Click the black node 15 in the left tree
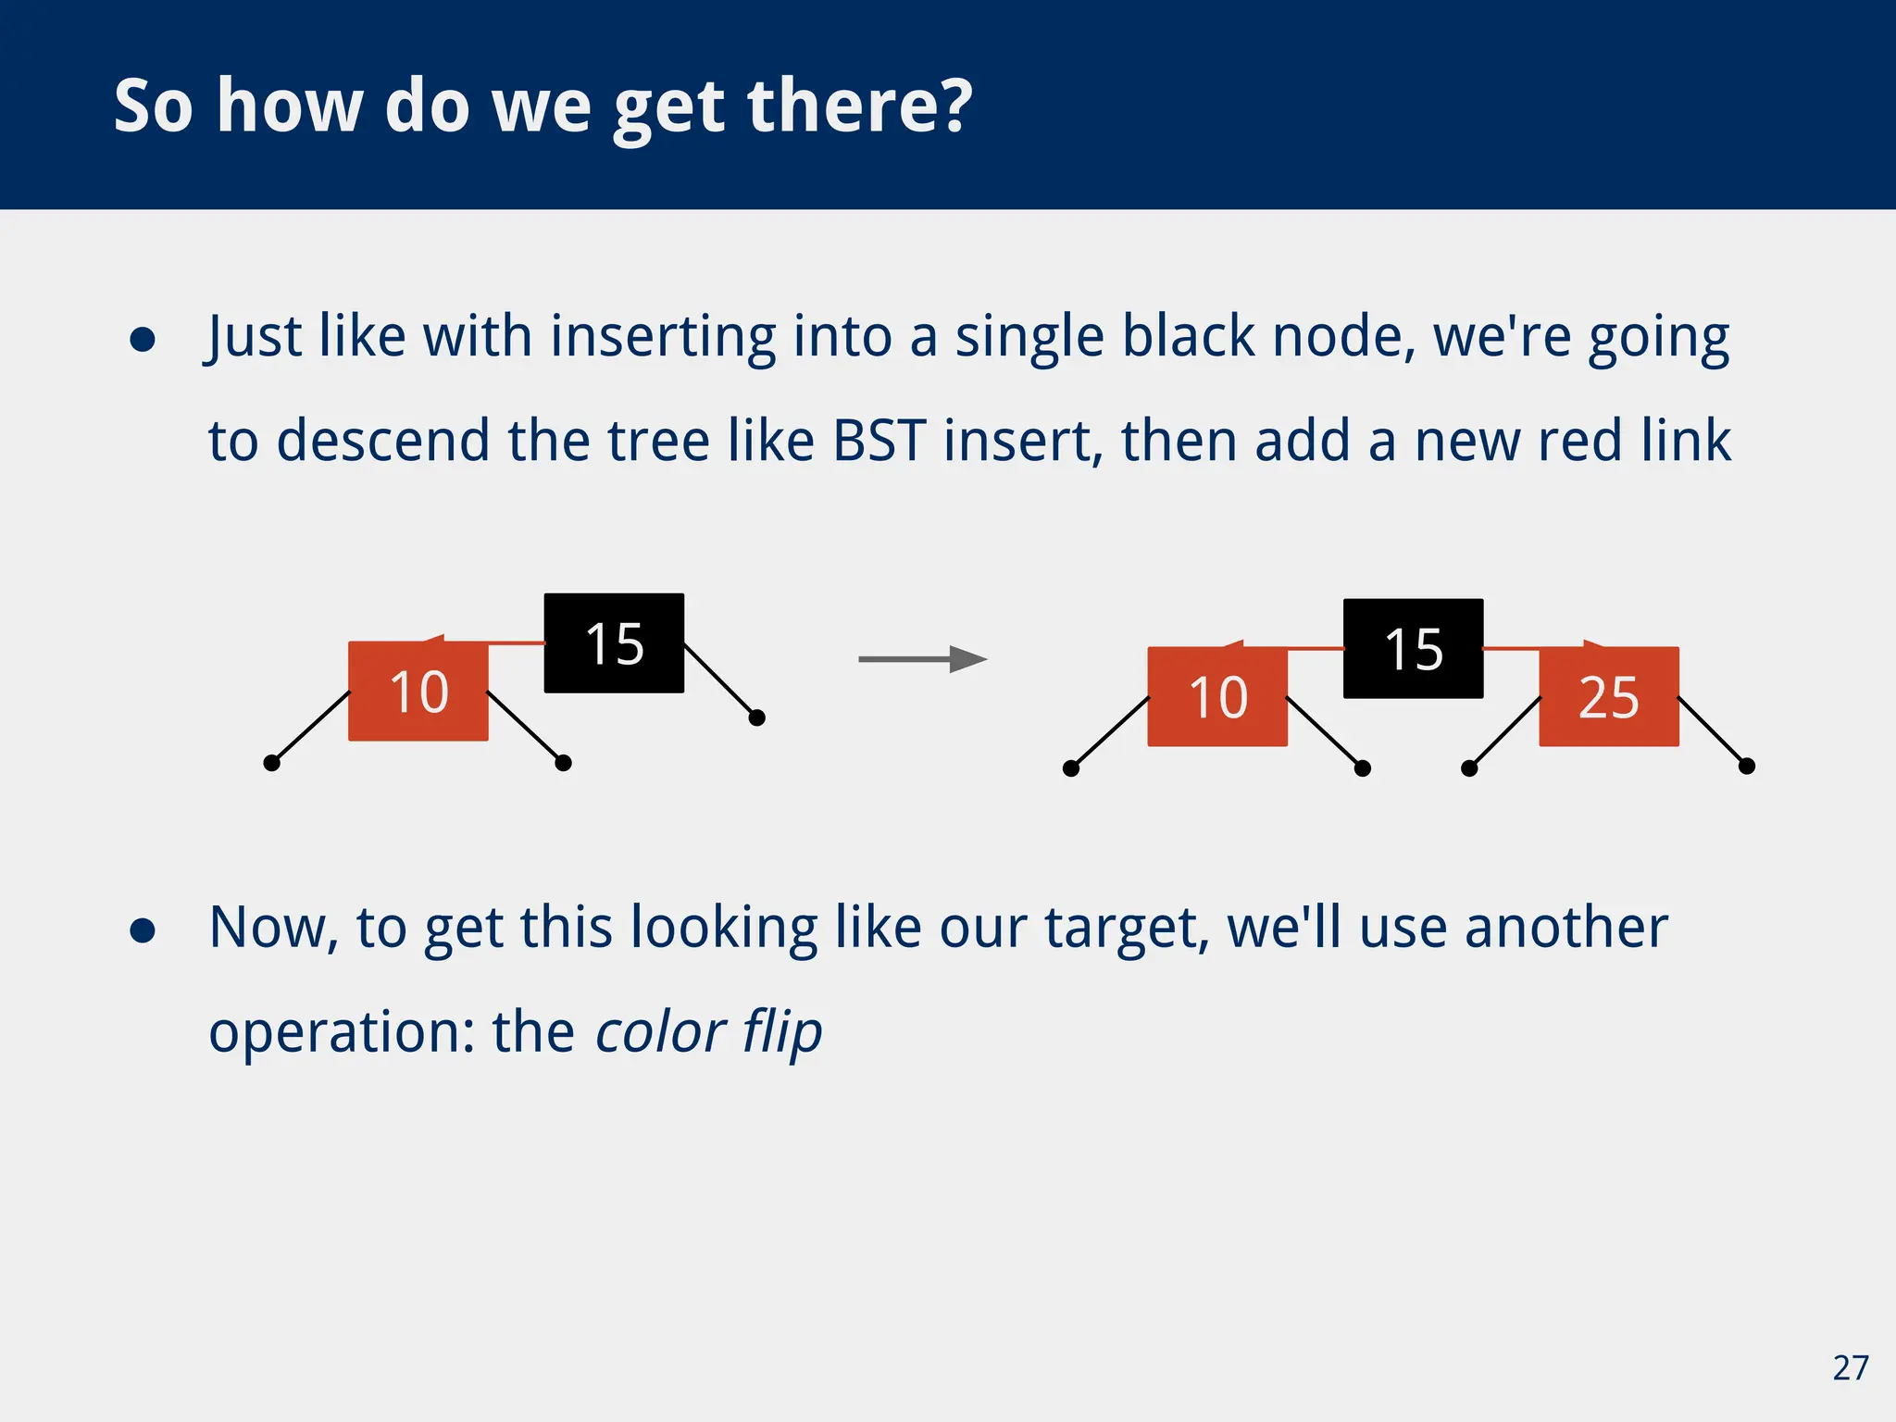[614, 642]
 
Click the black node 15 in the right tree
[1413, 648]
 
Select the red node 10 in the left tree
[418, 692]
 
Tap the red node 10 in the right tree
[1216, 697]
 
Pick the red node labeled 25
[1608, 697]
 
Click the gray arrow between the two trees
[922, 659]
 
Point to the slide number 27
[1850, 1367]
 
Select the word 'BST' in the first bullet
[879, 440]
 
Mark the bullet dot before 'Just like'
[143, 340]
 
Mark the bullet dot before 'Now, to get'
[143, 930]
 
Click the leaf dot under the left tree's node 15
[756, 717]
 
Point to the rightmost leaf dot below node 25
[1747, 766]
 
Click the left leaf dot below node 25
[1469, 768]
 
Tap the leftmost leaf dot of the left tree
[271, 763]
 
